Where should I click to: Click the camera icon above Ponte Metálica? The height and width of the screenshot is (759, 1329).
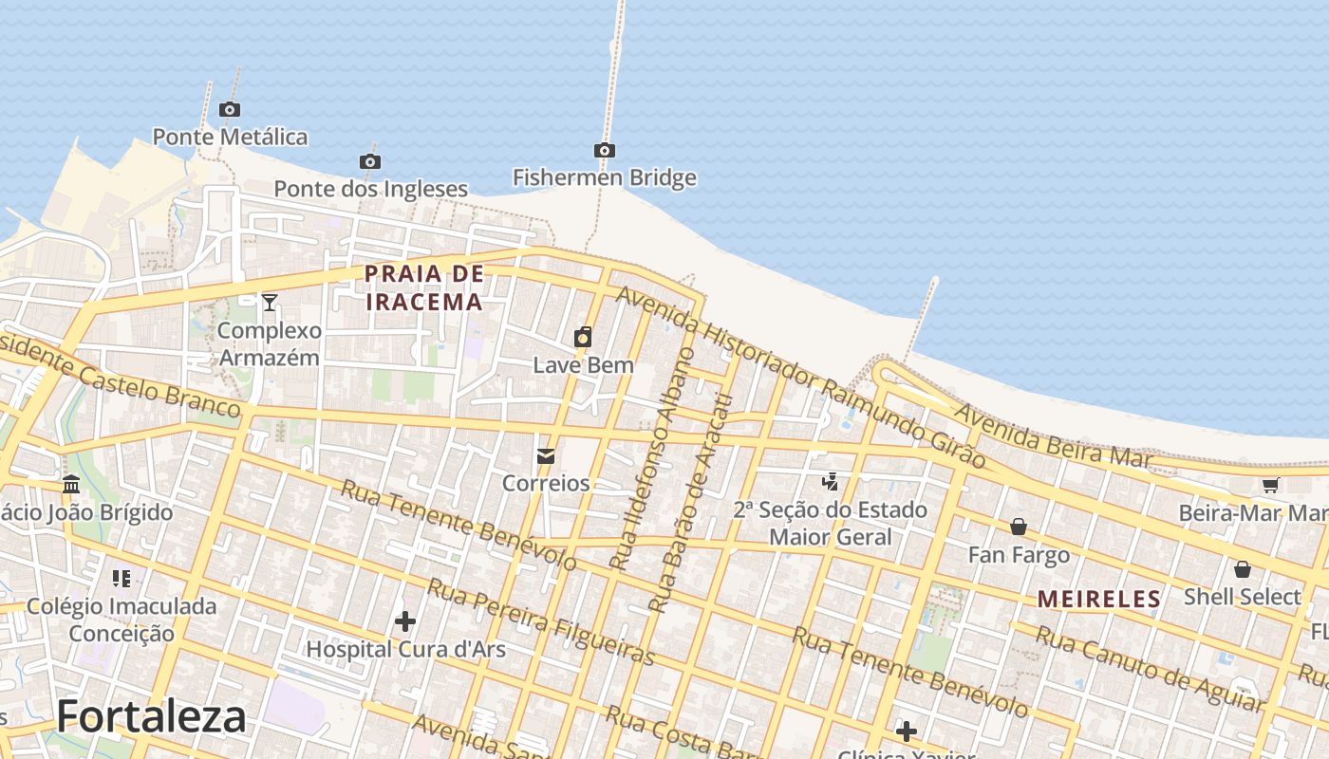click(229, 109)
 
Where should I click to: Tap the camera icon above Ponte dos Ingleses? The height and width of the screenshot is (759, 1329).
click(370, 161)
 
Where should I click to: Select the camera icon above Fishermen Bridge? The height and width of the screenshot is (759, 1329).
click(604, 150)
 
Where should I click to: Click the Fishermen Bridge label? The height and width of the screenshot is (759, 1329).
click(604, 177)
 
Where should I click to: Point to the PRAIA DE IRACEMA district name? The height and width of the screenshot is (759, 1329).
click(424, 288)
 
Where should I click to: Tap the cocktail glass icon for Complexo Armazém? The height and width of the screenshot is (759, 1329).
click(270, 303)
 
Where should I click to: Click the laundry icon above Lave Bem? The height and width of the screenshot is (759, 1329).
click(583, 337)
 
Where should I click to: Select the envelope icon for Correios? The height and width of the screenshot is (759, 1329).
click(546, 456)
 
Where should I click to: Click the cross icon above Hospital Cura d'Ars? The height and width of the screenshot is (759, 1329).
click(405, 621)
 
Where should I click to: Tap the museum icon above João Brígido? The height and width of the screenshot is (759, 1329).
click(71, 485)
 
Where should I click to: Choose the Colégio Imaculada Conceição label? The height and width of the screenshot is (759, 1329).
click(122, 620)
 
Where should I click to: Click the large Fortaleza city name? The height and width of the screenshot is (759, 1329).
click(152, 716)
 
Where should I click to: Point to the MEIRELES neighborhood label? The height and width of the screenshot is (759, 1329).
click(1098, 599)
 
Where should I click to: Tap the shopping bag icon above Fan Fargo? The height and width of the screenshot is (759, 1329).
click(1019, 527)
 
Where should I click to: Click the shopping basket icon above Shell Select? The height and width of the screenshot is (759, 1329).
click(1242, 569)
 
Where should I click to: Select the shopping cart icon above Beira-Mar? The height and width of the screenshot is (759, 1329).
click(1270, 486)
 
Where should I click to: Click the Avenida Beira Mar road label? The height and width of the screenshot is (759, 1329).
click(1052, 437)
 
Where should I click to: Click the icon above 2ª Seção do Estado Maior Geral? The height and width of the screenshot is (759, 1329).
click(831, 482)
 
